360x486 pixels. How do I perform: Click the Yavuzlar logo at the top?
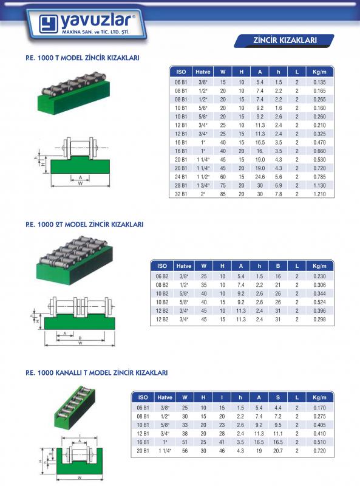[x=87, y=25]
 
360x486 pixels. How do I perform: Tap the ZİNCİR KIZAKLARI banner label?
[x=285, y=40]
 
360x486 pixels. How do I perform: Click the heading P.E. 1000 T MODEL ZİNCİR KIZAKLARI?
[x=83, y=58]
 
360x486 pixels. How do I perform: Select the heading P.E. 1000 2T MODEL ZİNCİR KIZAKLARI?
[x=84, y=224]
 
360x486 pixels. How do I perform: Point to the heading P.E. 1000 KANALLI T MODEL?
[x=97, y=372]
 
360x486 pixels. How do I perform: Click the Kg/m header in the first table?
[x=319, y=72]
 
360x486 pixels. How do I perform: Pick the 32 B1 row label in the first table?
[x=181, y=194]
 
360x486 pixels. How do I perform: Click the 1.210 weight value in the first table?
[x=319, y=194]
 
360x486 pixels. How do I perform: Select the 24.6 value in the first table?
[x=260, y=177]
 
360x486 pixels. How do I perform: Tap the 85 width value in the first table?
[x=223, y=194]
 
